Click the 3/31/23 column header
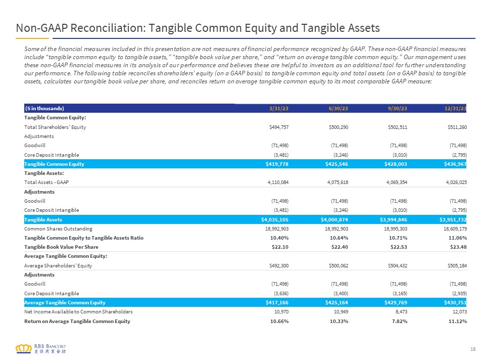[x=279, y=108]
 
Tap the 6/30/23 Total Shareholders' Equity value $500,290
[x=338, y=127]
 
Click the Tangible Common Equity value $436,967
[x=455, y=164]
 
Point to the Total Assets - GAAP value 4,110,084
[x=278, y=183]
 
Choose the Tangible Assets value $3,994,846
[x=394, y=220]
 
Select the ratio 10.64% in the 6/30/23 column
[x=339, y=238]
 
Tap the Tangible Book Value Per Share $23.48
[x=458, y=247]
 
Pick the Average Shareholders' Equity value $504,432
[x=398, y=265]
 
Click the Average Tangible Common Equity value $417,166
[x=277, y=303]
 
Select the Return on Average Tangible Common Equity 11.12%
[x=458, y=322]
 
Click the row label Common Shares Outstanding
[x=58, y=229]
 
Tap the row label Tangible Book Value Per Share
[x=61, y=247]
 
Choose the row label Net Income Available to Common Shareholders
[x=78, y=312]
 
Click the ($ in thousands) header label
[x=44, y=108]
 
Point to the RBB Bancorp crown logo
[x=24, y=349]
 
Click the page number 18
[x=473, y=349]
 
